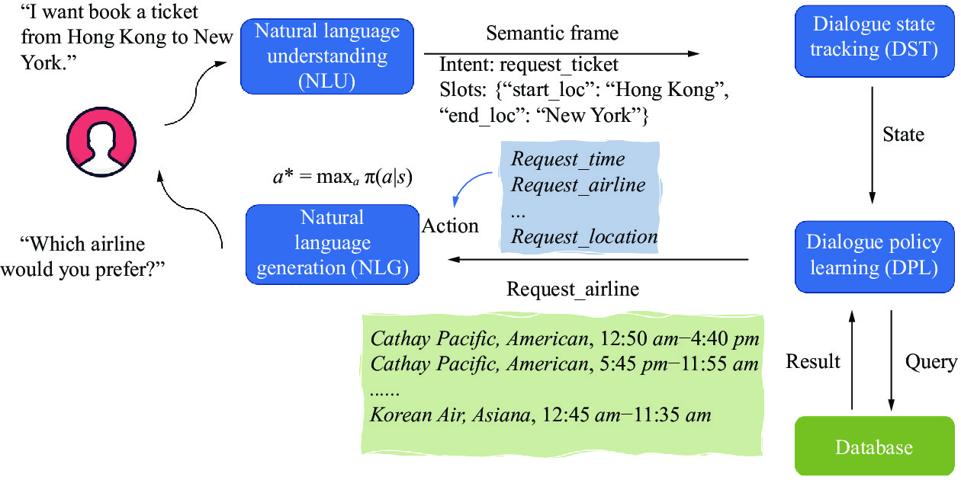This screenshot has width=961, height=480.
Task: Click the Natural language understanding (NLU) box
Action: point(327,56)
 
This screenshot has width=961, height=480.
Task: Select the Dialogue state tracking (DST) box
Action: point(874,41)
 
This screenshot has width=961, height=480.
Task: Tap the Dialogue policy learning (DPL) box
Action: point(874,257)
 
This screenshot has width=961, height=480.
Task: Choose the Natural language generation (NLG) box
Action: point(333,245)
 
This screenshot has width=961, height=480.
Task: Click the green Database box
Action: point(874,446)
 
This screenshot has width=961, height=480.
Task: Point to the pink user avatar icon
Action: point(101,142)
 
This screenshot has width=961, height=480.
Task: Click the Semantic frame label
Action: point(552,33)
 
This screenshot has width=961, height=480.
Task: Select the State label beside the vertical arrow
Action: point(903,135)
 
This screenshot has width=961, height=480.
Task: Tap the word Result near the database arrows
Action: point(812,361)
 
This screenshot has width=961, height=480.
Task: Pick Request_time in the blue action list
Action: point(567,159)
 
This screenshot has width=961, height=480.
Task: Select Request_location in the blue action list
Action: point(584,236)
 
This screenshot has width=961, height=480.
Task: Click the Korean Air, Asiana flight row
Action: point(541,414)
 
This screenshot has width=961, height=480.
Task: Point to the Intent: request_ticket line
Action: point(529,65)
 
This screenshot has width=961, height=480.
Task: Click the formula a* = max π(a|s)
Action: point(342,177)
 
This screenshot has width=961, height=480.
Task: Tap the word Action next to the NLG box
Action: point(450,226)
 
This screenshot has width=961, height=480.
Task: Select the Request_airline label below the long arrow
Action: point(573,290)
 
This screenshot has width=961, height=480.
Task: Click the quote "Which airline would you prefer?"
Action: point(83,256)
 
